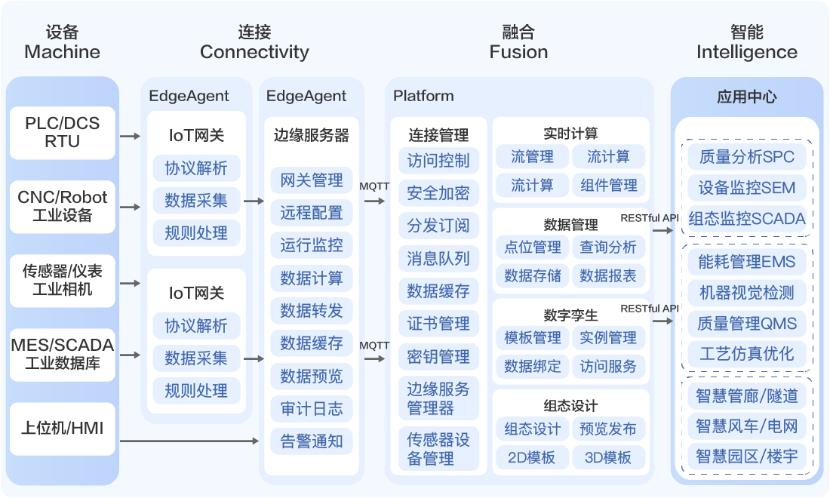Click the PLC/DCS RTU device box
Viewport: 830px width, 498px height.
pos(63,133)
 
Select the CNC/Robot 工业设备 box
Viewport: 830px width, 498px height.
pos(63,206)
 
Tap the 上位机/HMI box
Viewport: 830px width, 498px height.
pos(63,429)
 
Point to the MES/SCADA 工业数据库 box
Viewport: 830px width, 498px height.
pos(63,355)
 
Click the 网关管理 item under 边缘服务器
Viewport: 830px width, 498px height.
pos(312,180)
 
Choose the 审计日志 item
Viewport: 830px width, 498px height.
pos(312,409)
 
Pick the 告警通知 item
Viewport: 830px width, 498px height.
pos(312,441)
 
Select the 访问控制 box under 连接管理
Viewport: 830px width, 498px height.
pos(438,161)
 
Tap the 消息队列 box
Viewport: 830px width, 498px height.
pos(438,259)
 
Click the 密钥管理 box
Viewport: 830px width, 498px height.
pos(438,356)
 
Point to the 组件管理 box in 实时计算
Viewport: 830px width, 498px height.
pos(609,185)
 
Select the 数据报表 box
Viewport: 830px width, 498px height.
pos(608,276)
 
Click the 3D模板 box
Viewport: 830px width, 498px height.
pos(608,457)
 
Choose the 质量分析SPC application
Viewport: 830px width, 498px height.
pos(747,157)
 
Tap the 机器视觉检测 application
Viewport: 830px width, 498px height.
pos(747,293)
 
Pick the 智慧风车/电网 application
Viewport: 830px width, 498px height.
pos(747,426)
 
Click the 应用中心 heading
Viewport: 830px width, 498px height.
pos(747,97)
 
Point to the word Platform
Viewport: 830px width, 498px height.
pos(423,96)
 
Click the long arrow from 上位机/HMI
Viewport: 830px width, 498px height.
pos(189,440)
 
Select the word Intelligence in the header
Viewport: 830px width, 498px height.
pos(747,52)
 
